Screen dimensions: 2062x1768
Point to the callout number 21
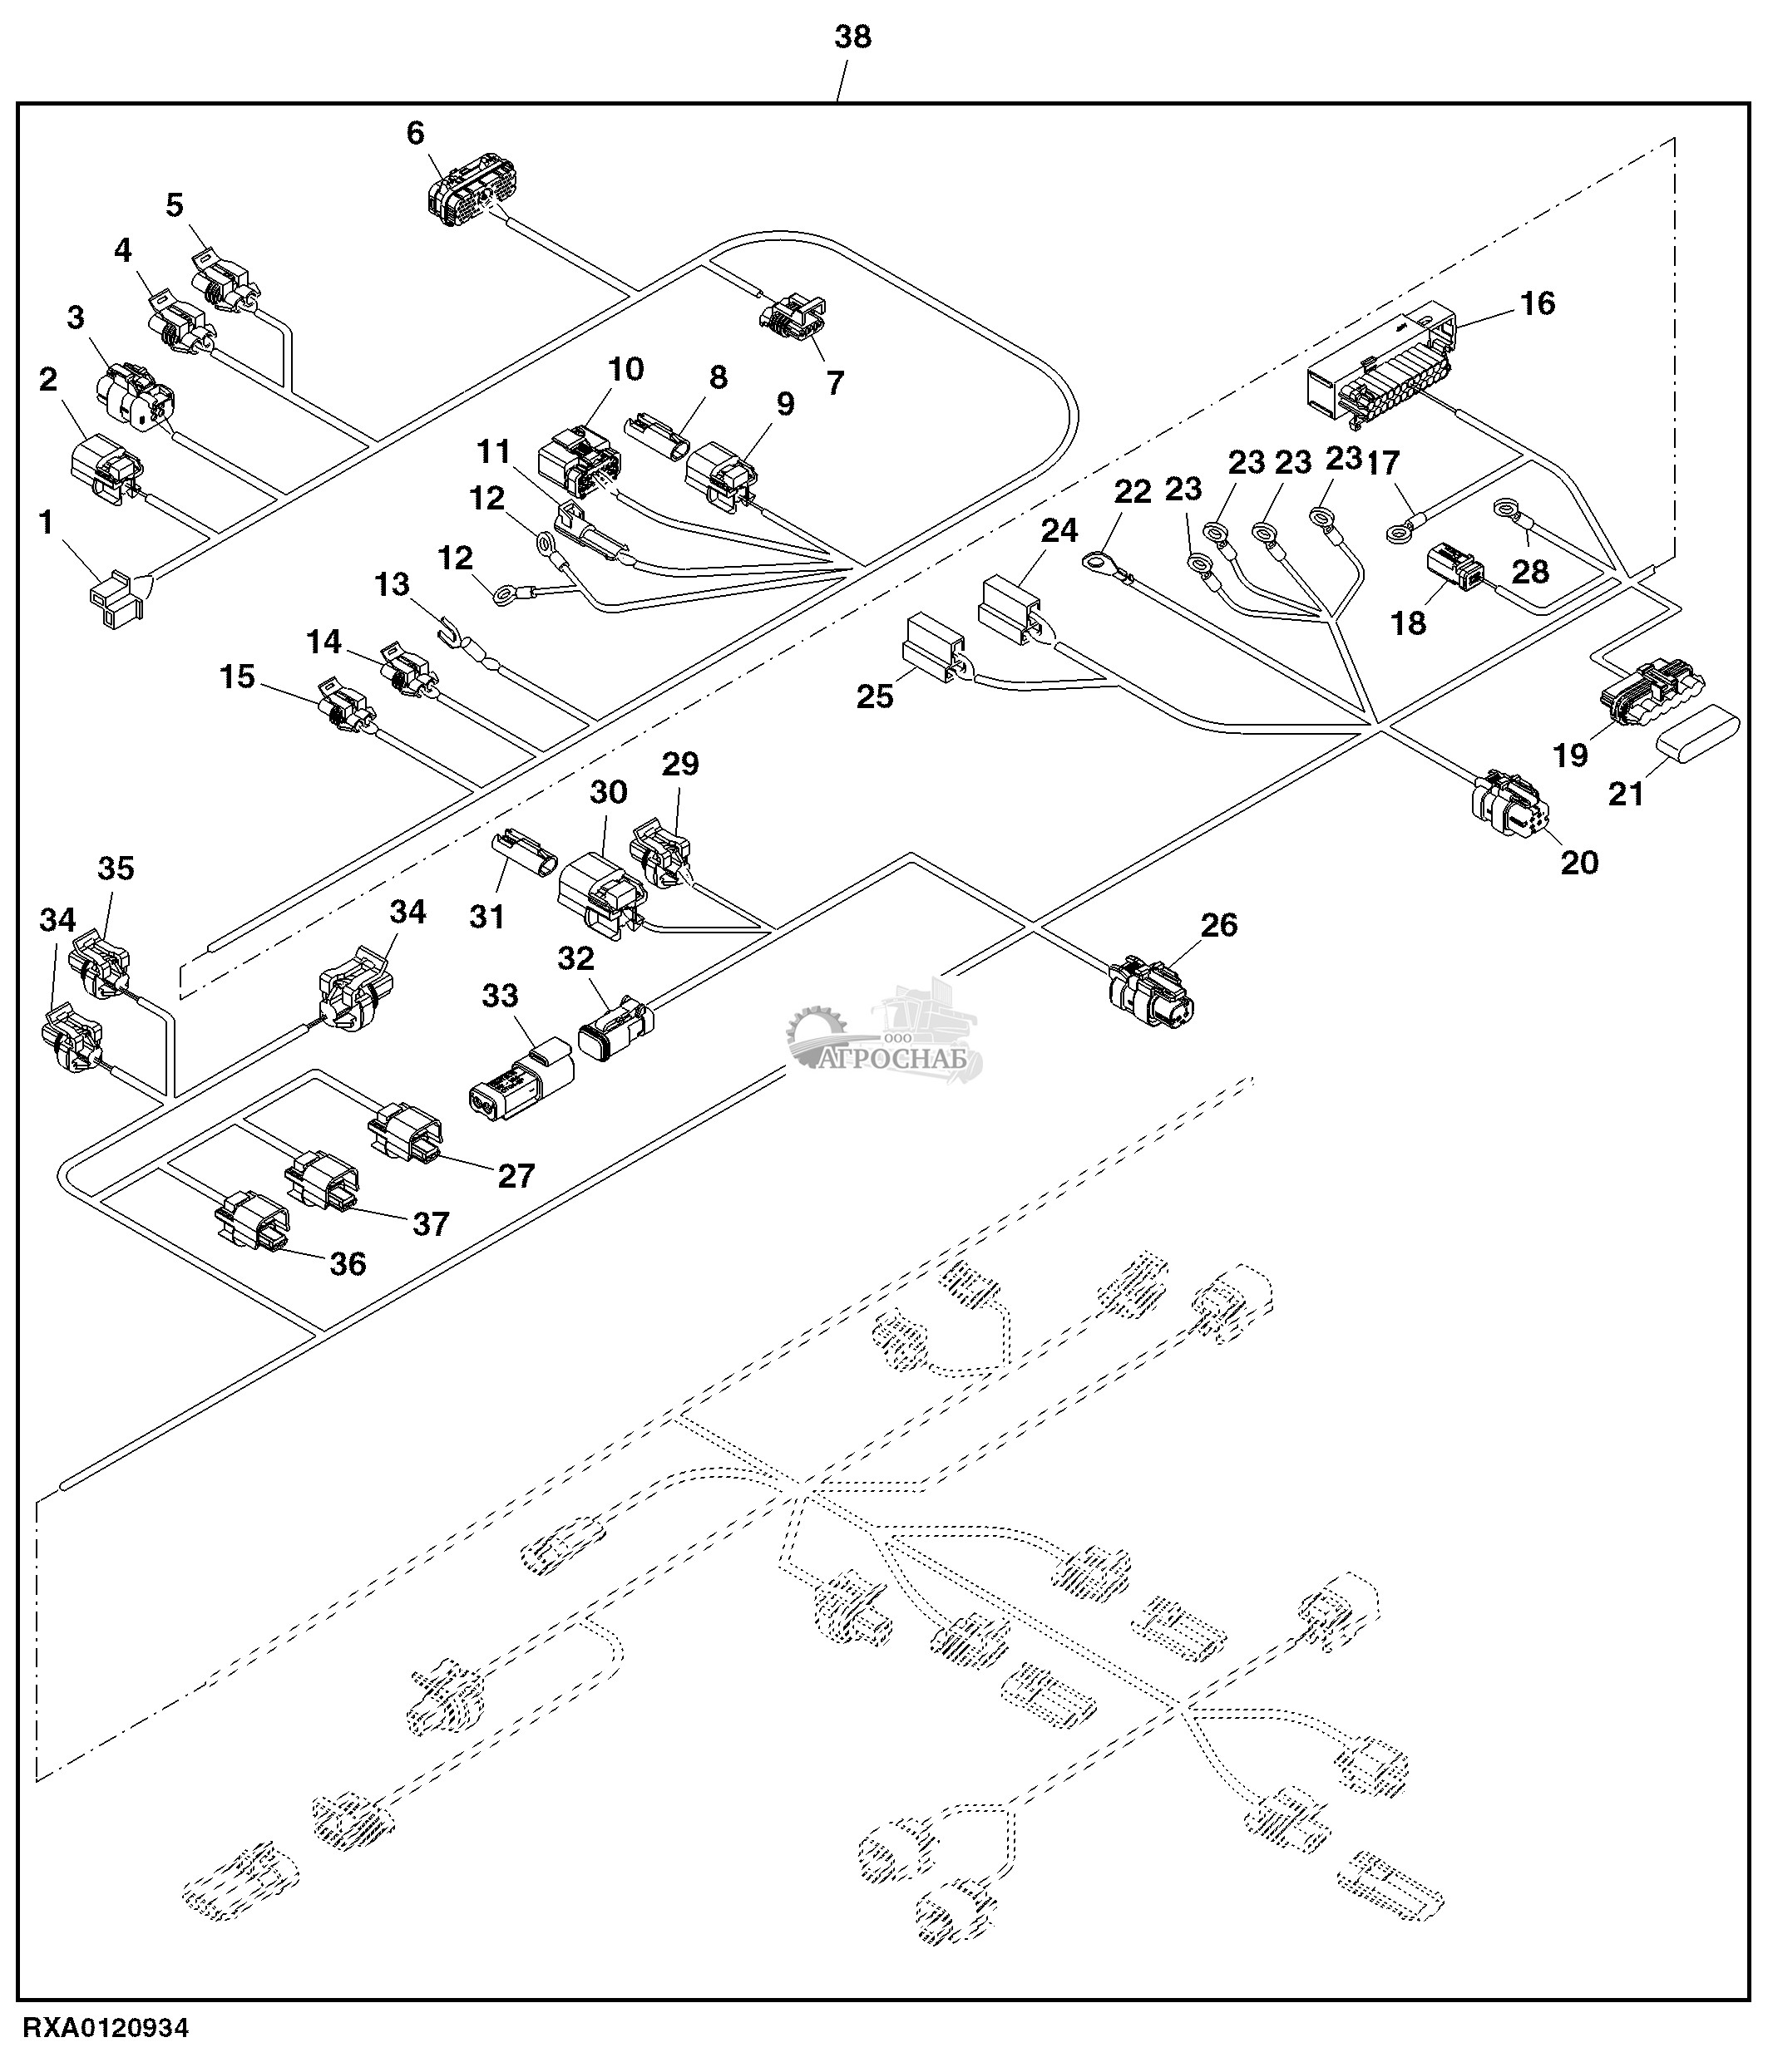[x=1626, y=793]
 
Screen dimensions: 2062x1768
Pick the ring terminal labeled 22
[x=1098, y=564]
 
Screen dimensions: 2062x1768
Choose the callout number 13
[x=393, y=584]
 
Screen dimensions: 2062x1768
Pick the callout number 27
[x=516, y=1175]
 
